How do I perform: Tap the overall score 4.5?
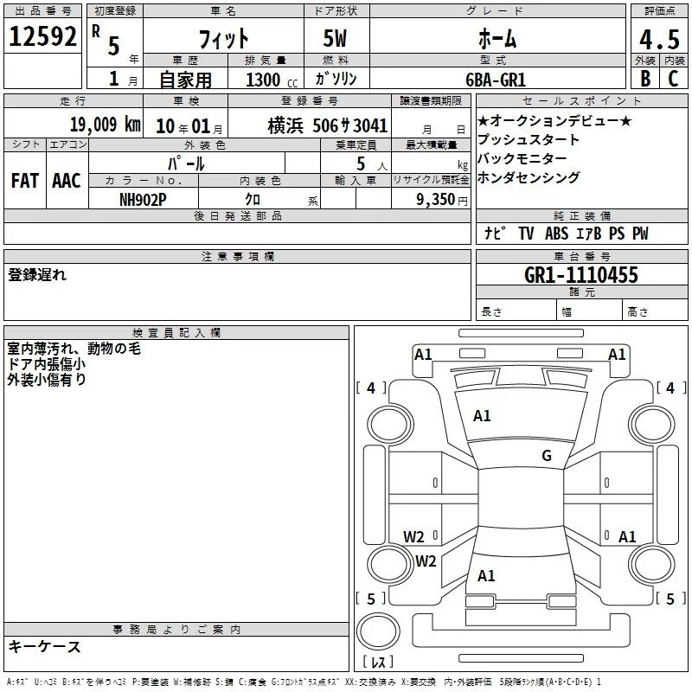(658, 38)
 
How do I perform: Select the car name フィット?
(224, 38)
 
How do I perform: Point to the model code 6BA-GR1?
(496, 79)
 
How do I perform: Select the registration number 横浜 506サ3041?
(327, 125)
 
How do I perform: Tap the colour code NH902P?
(143, 198)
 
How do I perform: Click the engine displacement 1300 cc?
(270, 80)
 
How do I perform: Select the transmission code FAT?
(24, 180)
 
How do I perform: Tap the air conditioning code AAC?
(66, 180)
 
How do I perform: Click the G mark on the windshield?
(547, 456)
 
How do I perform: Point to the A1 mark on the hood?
(482, 416)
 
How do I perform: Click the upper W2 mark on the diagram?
(414, 536)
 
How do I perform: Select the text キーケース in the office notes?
(45, 646)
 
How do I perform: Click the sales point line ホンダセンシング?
(529, 177)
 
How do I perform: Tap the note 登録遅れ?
(37, 275)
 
